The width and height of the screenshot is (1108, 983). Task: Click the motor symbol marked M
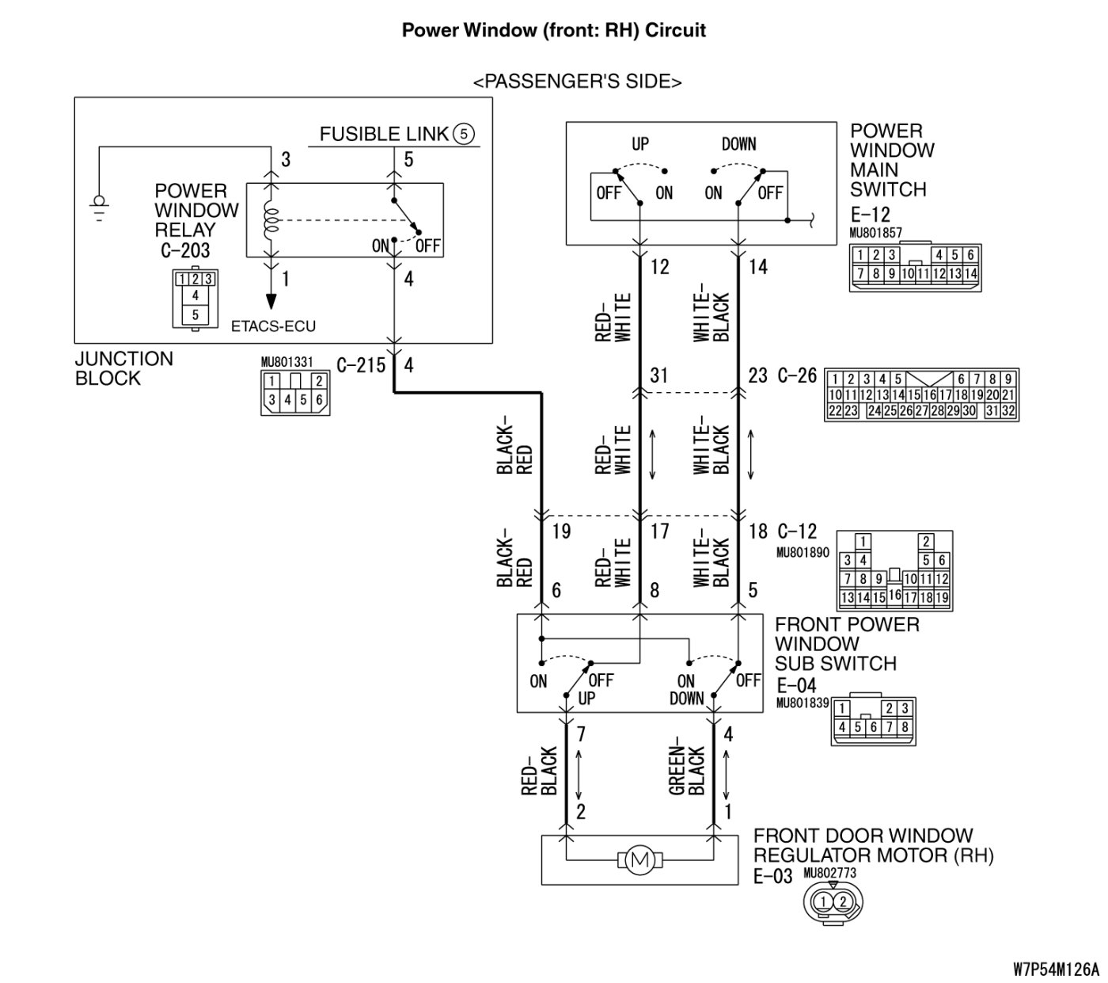[639, 860]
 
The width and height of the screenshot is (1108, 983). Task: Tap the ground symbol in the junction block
[99, 208]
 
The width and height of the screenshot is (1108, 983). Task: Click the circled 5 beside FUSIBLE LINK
[464, 134]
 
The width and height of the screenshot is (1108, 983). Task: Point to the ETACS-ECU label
[273, 326]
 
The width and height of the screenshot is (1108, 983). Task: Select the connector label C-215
[361, 365]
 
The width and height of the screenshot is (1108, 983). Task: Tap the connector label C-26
[797, 375]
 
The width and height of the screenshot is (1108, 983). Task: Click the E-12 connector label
[871, 214]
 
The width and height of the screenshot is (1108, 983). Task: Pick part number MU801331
[287, 362]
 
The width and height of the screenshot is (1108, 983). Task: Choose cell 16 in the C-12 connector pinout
[894, 594]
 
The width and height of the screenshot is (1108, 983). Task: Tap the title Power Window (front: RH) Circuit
[553, 30]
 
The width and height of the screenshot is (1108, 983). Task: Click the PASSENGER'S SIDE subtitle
[577, 82]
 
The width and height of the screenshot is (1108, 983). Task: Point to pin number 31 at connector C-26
[659, 375]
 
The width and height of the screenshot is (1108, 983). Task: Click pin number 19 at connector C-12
[562, 531]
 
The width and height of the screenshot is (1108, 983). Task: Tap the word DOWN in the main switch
[739, 144]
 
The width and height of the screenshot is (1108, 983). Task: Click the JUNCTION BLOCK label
[123, 368]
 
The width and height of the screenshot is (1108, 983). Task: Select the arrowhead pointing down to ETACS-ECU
[271, 301]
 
